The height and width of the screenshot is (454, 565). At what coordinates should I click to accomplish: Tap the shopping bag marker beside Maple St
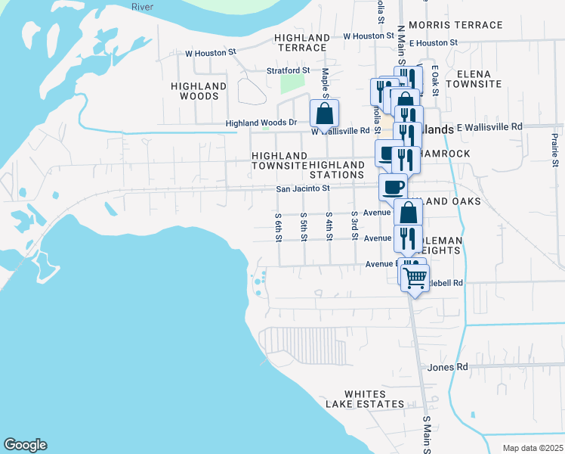click(x=324, y=114)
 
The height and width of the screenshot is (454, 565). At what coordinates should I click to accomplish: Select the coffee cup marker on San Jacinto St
click(x=393, y=186)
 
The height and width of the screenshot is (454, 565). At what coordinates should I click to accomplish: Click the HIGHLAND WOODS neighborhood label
click(x=199, y=92)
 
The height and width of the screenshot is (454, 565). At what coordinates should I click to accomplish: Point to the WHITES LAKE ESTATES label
click(x=365, y=399)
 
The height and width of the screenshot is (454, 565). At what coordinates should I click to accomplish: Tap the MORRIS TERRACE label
click(x=455, y=25)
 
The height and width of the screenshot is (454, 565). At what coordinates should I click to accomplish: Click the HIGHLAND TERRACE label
click(x=301, y=42)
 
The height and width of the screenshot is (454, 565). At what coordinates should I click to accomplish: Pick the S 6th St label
click(x=278, y=226)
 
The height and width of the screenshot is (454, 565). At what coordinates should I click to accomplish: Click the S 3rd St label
click(x=354, y=223)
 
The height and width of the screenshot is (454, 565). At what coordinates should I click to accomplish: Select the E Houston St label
click(x=433, y=43)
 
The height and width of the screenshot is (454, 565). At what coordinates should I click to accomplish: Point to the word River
click(x=142, y=6)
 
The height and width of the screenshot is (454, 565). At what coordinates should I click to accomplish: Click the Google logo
click(x=25, y=445)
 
